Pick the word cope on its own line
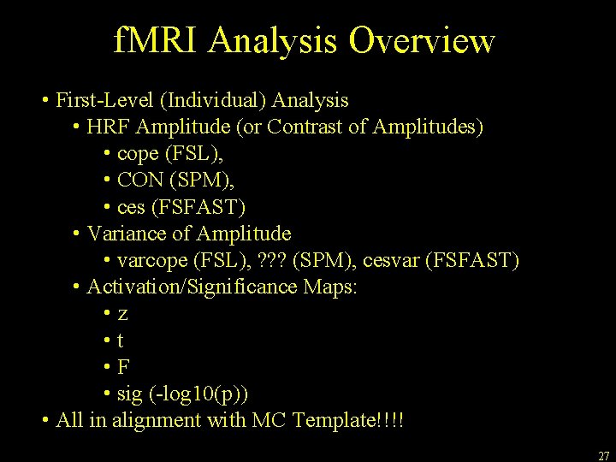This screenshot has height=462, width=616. coord(137,154)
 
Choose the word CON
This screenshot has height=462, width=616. coord(142,181)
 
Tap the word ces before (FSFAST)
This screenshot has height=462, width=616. coord(131,207)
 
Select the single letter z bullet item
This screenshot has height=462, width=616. coord(123,315)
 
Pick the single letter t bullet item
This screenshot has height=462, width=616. coord(121,341)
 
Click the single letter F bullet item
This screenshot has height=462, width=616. coord(124,367)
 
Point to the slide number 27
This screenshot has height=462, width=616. coord(603,456)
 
